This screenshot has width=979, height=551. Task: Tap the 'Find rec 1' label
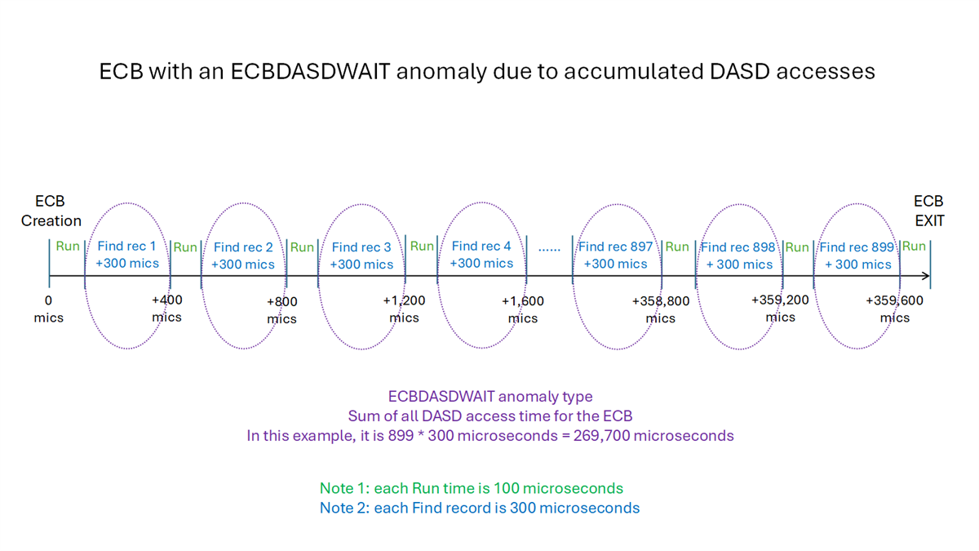(x=126, y=246)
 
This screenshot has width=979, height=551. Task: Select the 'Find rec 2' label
(x=243, y=247)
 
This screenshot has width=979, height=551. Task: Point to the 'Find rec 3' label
(x=361, y=247)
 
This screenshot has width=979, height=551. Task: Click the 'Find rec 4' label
(x=481, y=246)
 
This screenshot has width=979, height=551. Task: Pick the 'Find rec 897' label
(x=616, y=246)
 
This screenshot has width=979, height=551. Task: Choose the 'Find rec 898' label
(x=738, y=247)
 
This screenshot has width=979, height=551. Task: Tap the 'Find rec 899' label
(x=857, y=247)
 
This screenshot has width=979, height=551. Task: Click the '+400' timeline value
(x=166, y=300)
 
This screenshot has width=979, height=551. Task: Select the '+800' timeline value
(x=282, y=301)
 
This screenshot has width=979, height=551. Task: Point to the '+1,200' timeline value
(x=404, y=300)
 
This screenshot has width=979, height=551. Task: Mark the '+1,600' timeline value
(x=523, y=301)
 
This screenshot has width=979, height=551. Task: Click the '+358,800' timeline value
(x=661, y=301)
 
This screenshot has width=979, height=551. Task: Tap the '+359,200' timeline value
(x=780, y=300)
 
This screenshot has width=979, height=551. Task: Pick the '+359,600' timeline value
(x=894, y=300)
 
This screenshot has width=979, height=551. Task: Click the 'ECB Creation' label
(x=51, y=211)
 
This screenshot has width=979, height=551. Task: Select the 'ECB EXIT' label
(x=928, y=211)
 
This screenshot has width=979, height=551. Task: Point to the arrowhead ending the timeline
(x=926, y=278)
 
